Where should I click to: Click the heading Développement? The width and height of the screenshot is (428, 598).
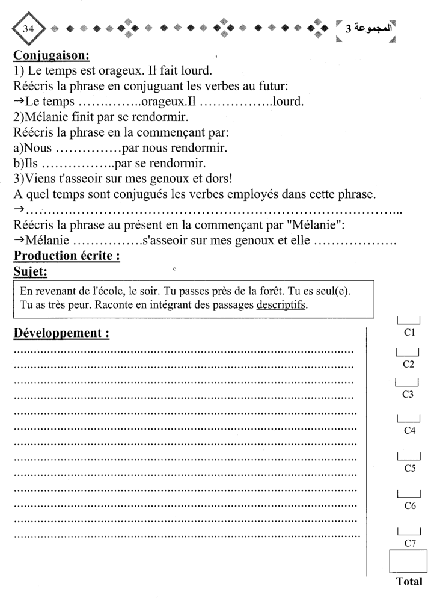61,334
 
